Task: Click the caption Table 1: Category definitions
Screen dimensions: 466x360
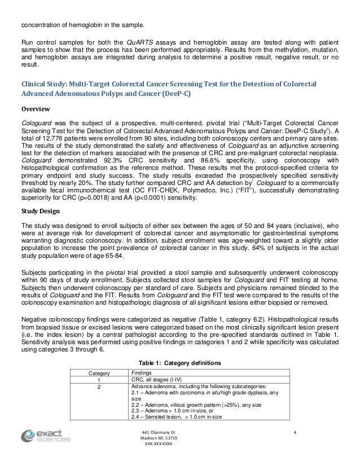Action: tap(180, 361)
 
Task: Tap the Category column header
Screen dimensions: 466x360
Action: tap(98, 373)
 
